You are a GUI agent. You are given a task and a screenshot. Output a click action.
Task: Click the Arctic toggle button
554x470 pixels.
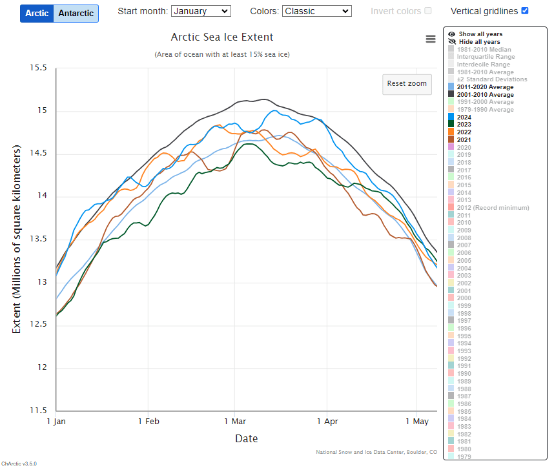[37, 14]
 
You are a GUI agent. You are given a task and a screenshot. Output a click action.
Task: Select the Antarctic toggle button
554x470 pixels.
[76, 14]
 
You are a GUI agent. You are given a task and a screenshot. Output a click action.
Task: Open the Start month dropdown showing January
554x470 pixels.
[201, 11]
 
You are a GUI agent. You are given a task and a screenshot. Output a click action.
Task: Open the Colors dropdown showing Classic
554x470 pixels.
[317, 11]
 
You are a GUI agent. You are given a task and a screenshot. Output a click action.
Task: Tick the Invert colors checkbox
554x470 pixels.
[428, 11]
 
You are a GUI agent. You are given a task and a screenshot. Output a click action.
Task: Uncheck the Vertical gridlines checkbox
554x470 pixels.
[525, 11]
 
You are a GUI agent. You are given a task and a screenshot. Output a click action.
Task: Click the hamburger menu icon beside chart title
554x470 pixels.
[431, 39]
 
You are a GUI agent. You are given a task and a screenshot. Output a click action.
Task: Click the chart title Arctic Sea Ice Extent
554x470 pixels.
[221, 37]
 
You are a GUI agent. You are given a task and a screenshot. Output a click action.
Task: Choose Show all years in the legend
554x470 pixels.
[480, 34]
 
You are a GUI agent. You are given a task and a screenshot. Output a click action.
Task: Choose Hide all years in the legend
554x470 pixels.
[479, 42]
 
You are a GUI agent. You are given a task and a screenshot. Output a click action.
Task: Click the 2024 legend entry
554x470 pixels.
[464, 117]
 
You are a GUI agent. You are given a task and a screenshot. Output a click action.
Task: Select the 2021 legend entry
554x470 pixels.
[464, 140]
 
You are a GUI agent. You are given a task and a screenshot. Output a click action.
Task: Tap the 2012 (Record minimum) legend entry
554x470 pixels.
[493, 208]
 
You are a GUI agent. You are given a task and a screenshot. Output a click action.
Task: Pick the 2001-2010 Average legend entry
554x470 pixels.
[485, 95]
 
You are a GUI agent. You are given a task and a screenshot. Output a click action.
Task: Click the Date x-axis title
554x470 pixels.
[246, 439]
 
